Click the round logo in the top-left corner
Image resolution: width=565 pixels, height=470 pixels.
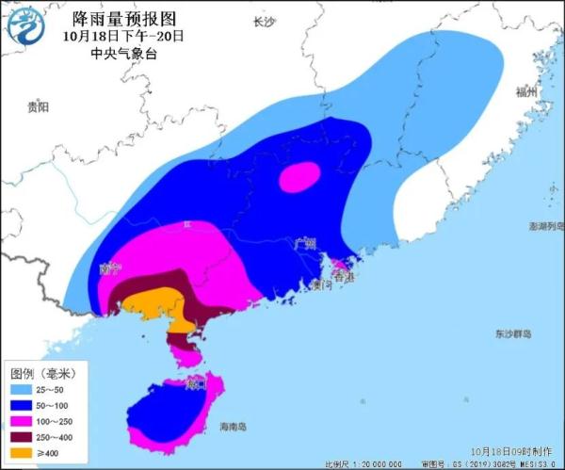(x=25, y=26)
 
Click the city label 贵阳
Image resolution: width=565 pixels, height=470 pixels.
(x=38, y=108)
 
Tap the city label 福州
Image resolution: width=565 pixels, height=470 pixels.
(x=525, y=92)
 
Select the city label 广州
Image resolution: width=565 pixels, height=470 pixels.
(x=304, y=243)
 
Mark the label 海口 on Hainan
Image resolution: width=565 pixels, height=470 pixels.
(x=196, y=384)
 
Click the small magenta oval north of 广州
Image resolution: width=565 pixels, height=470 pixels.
(x=301, y=175)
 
